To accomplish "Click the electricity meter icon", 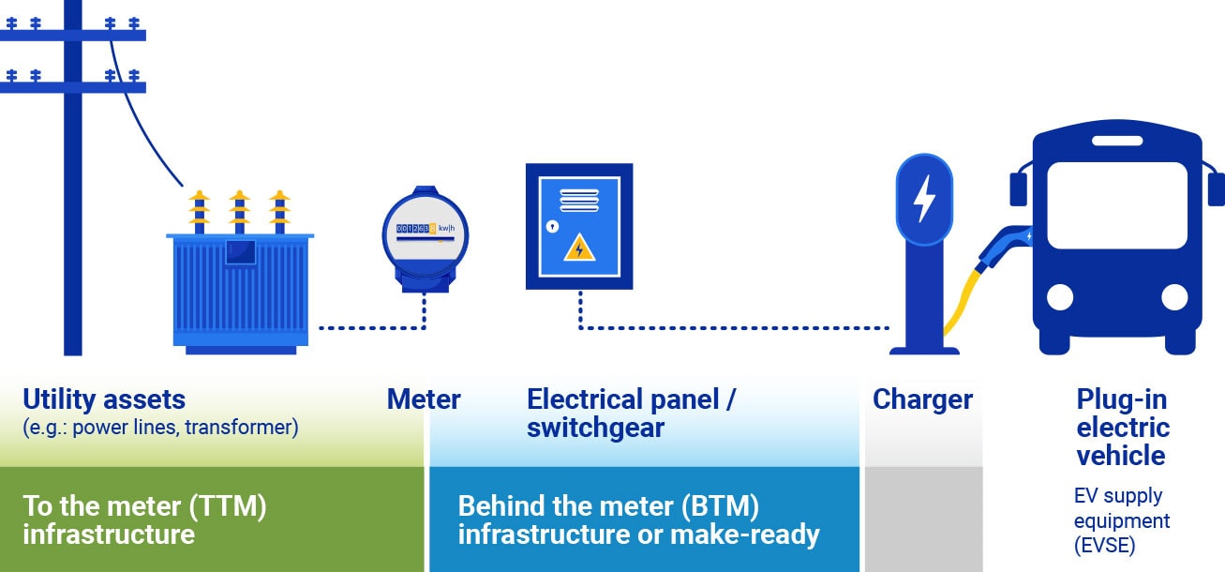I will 425,239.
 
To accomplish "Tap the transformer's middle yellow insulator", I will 239,210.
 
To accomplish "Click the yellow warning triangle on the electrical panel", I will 579,248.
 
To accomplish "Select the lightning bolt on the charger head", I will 924,199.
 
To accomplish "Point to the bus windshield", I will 1115,205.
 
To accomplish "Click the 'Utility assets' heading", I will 104,399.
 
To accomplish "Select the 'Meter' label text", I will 424,400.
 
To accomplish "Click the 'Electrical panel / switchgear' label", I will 631,414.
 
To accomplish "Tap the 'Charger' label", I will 922,400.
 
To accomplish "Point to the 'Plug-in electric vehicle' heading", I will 1122,428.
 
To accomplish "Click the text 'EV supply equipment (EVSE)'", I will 1121,520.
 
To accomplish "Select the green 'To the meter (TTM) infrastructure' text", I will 145,520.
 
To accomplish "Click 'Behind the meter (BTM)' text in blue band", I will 607,507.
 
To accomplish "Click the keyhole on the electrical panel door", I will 553,227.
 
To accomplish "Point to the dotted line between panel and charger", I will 731,328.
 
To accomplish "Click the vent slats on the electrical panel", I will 579,200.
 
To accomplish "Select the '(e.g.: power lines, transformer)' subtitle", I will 160,429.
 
